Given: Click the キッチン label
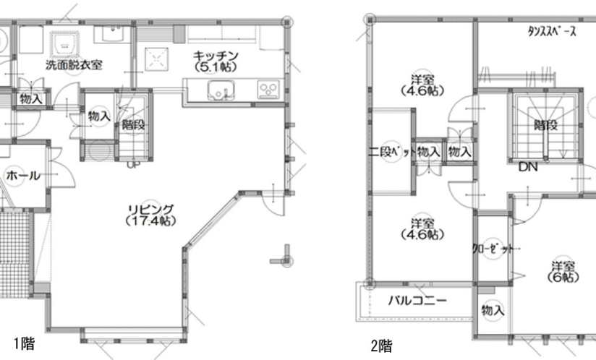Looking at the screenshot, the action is coord(216,56).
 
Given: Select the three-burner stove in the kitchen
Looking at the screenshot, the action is coord(269,90).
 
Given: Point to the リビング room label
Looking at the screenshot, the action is coord(151,209).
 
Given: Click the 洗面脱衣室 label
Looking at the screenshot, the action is coord(74,64).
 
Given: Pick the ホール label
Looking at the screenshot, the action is coord(23,176).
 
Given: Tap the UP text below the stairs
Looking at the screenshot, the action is coord(133,164).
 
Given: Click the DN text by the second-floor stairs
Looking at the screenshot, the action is coord(528,167).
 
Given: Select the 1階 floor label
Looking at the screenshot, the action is coord(25,343).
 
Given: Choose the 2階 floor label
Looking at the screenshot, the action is coord(382,346).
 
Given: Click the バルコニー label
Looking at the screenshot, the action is coord(417,301).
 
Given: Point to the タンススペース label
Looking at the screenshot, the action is coord(552,31).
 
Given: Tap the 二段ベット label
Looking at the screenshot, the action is coord(391,152).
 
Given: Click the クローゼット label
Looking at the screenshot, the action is coord(493,249).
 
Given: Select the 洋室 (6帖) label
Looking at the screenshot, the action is coord(563,272).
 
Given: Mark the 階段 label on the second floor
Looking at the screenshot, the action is coord(546,124).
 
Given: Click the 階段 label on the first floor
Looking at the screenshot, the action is coord(133,124).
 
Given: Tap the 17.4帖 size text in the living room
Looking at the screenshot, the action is coord(151,220).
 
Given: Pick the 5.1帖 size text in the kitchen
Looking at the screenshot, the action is coord(216,67).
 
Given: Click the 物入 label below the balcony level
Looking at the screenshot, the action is coord(493,311).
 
